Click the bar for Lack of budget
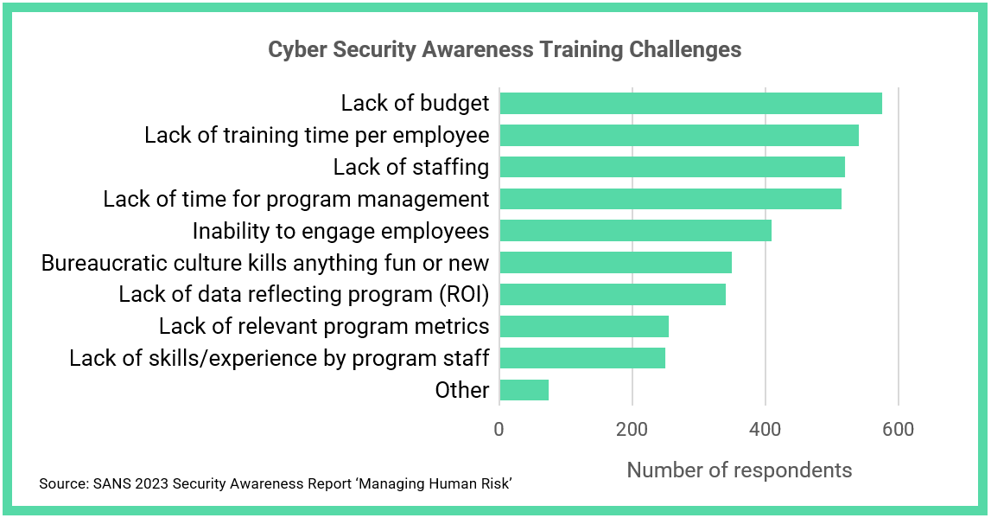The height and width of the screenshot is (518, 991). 690,103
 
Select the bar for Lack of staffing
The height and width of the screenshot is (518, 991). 672,167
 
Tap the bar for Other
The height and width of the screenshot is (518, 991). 524,390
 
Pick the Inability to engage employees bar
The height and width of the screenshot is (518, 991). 635,231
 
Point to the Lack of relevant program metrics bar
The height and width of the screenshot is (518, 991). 584,326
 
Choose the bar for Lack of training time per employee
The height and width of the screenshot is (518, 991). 679,135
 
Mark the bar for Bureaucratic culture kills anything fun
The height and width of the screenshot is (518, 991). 615,262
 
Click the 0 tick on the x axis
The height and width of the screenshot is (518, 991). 499,429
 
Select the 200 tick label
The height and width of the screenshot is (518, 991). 632,429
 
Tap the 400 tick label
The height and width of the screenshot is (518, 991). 765,429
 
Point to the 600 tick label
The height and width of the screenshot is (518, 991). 898,429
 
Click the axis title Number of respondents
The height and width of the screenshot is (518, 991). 739,470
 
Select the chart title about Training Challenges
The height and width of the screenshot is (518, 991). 505,49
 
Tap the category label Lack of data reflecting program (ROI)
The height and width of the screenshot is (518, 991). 304,294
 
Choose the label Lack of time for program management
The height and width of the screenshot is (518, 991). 296,199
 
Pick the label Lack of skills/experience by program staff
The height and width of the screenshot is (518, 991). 279,358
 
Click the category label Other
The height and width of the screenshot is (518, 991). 462,390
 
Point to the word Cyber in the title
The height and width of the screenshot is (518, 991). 293,49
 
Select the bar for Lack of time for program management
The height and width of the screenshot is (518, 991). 670,199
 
